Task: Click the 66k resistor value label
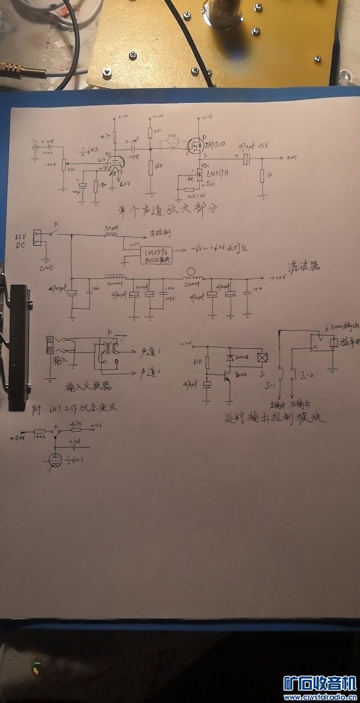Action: [159, 166]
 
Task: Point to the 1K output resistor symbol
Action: [262, 176]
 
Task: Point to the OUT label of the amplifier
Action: [291, 158]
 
